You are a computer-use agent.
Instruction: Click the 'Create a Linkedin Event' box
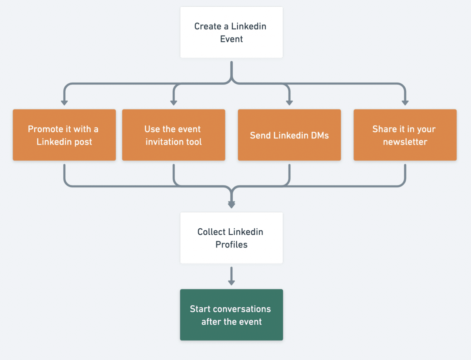click(x=231, y=32)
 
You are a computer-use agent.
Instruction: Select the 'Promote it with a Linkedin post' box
click(x=64, y=135)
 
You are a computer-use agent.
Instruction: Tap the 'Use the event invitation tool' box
click(x=174, y=135)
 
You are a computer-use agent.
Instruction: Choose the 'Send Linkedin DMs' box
click(x=289, y=135)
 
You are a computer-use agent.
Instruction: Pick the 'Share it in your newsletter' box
click(x=405, y=135)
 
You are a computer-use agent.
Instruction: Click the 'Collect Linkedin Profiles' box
click(x=231, y=238)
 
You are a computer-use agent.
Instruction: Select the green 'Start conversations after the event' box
click(x=231, y=315)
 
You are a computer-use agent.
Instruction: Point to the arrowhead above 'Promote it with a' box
click(x=64, y=103)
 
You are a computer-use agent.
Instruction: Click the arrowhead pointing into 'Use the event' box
click(x=174, y=103)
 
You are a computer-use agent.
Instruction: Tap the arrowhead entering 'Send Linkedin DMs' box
click(x=289, y=103)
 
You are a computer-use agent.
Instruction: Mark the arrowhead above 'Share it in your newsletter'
click(x=405, y=103)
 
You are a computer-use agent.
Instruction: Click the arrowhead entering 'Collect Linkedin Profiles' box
click(x=232, y=205)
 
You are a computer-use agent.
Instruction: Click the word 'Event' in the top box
click(x=231, y=39)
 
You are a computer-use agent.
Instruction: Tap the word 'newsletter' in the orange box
click(x=405, y=142)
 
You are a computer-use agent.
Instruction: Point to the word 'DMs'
click(x=320, y=135)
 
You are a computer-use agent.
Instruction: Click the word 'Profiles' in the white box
click(x=231, y=244)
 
